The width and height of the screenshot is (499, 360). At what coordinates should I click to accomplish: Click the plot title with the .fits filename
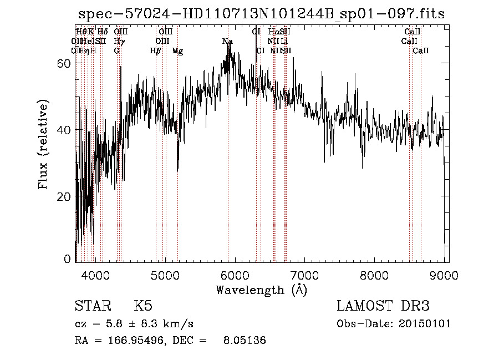click(261, 14)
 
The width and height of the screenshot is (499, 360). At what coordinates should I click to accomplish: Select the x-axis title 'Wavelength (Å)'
click(261, 290)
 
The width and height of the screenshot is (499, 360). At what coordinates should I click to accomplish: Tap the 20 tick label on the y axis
click(65, 197)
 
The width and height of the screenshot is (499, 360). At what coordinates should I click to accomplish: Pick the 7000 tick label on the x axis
click(305, 273)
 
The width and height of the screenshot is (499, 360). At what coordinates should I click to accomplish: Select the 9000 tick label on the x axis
click(445, 273)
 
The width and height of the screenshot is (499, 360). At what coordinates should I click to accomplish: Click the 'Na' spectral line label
click(227, 42)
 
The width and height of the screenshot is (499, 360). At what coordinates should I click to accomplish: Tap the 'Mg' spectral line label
click(177, 51)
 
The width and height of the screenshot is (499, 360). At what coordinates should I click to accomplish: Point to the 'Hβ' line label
click(155, 51)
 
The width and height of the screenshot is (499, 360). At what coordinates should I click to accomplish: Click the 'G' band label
click(116, 51)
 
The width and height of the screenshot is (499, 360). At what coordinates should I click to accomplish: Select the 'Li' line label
click(284, 42)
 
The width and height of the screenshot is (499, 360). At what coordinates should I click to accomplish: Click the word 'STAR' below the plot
click(90, 307)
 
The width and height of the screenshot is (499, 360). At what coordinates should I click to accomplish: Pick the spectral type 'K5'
click(143, 307)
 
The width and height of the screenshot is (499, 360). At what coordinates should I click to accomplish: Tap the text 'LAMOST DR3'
click(383, 307)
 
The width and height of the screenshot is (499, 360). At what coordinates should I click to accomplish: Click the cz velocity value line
click(134, 323)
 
